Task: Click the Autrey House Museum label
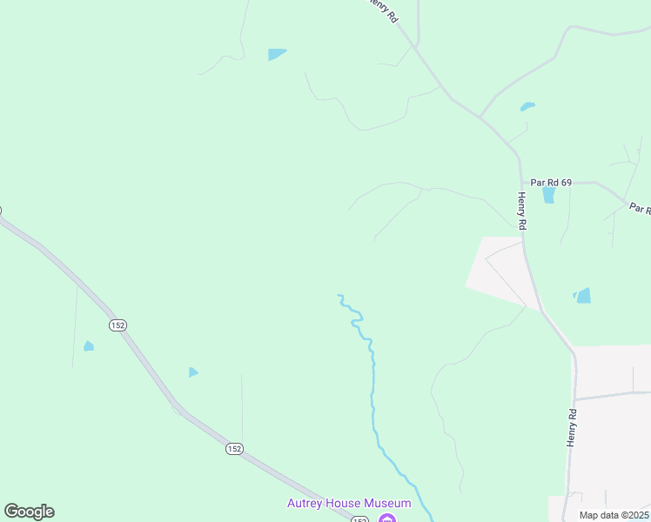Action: click(x=349, y=504)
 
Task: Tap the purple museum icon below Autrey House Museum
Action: click(x=387, y=519)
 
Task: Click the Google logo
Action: click(x=29, y=512)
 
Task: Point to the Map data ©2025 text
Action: click(x=613, y=515)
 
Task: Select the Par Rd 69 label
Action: click(x=552, y=182)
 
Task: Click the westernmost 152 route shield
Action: click(x=118, y=325)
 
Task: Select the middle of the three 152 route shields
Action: click(x=234, y=448)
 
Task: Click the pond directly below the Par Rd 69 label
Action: click(x=548, y=195)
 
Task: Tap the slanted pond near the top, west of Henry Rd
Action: click(x=277, y=54)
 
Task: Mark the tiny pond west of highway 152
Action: click(x=88, y=346)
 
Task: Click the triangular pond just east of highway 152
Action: click(x=193, y=372)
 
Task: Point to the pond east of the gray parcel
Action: click(x=583, y=296)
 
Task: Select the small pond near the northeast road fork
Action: click(x=527, y=107)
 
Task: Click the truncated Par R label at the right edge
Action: click(x=640, y=210)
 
